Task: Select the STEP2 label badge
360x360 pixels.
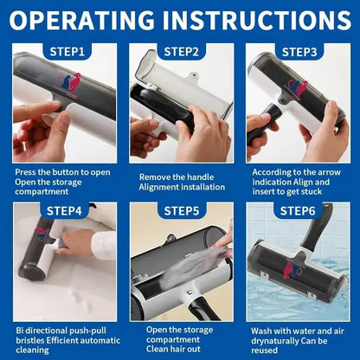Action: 180,52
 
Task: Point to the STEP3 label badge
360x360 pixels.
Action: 298,52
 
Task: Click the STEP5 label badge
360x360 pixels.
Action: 180,210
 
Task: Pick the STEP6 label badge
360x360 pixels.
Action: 298,210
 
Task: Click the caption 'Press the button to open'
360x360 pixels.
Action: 62,172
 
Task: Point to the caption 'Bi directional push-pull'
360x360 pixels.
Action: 63,331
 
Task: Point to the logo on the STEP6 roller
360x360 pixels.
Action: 294,270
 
